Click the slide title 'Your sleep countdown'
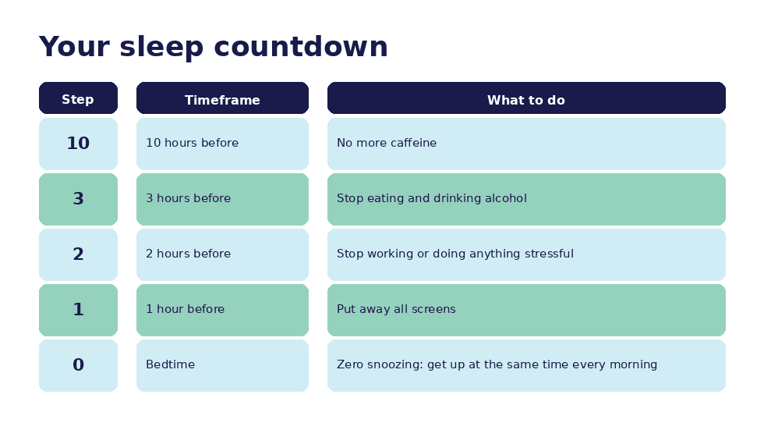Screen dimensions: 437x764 point(213,47)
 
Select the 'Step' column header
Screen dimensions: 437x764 point(78,99)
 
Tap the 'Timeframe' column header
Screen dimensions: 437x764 point(222,100)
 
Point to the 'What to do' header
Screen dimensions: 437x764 point(526,100)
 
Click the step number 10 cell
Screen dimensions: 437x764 point(78,144)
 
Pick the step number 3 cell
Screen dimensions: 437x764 point(78,199)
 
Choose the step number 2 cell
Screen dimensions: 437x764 point(78,254)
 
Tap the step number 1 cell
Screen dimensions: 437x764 point(78,310)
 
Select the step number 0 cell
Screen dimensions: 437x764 point(78,365)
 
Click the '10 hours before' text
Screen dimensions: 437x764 point(192,144)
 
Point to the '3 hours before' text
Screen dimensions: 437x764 point(188,199)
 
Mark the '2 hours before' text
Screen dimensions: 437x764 point(188,254)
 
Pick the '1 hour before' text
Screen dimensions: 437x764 point(185,310)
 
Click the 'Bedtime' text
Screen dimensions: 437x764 point(170,365)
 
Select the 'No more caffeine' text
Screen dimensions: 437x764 point(387,144)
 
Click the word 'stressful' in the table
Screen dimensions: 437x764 point(547,254)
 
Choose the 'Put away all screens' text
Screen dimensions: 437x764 point(396,310)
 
